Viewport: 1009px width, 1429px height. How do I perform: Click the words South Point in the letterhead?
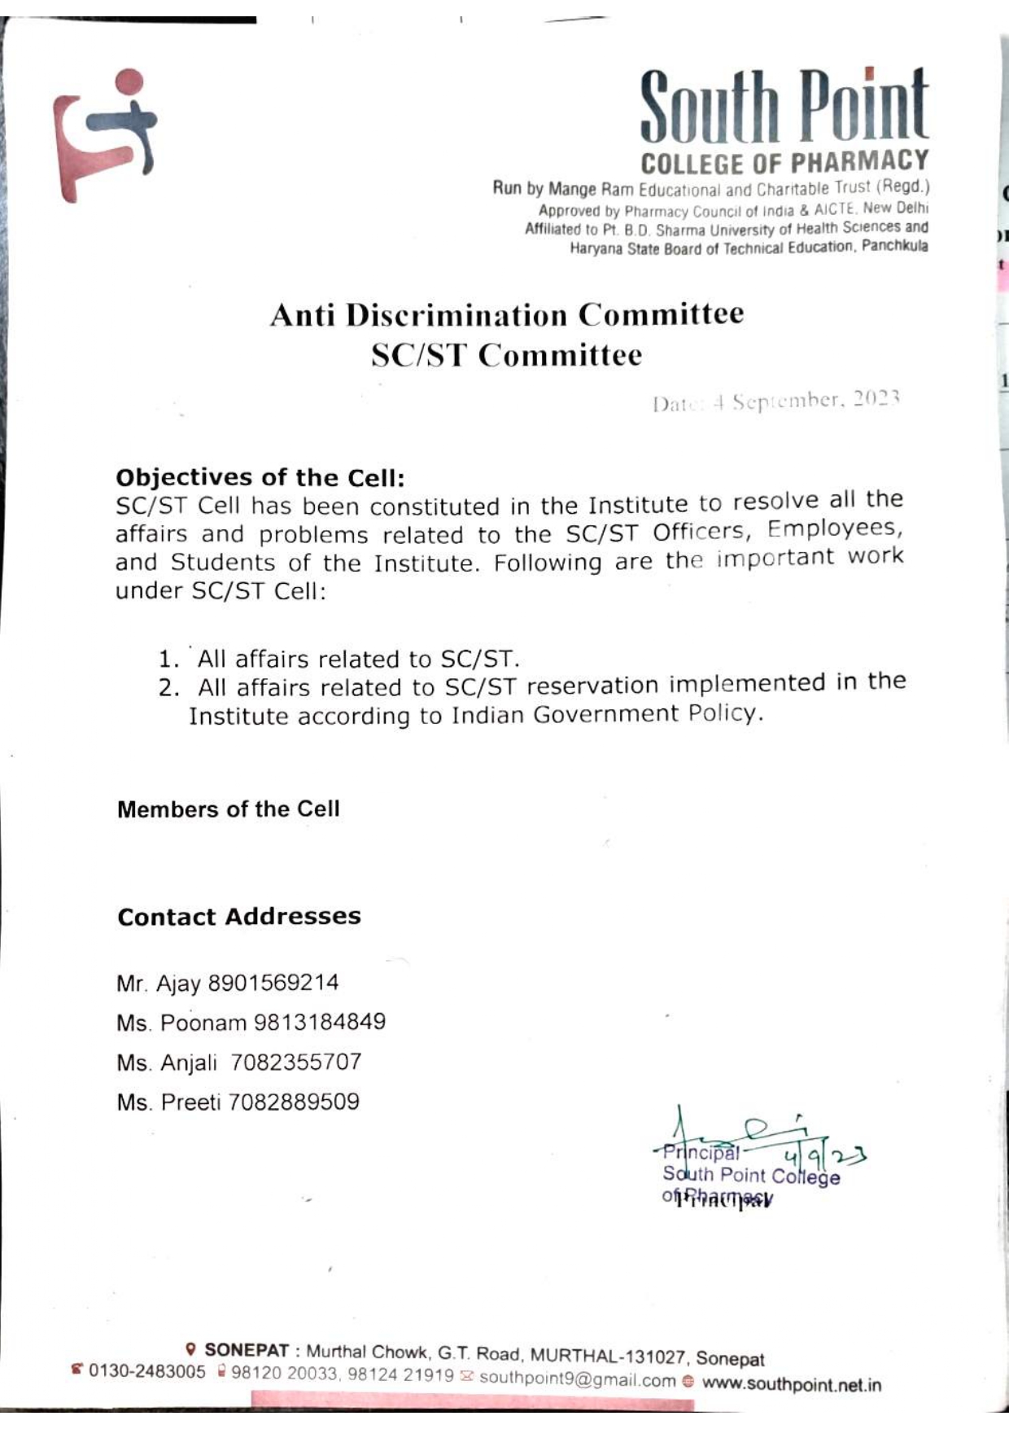[x=784, y=108]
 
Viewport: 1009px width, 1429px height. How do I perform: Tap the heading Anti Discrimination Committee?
[x=506, y=315]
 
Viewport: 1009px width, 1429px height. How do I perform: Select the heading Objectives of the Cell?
[x=260, y=477]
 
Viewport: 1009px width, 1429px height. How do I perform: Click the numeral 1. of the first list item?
[x=168, y=659]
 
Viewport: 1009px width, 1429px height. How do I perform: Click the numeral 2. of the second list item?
[x=168, y=688]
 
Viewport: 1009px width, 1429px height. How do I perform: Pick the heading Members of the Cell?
[x=228, y=809]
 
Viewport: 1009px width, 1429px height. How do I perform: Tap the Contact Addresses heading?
[x=238, y=917]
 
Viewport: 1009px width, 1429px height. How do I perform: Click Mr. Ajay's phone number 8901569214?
[x=273, y=983]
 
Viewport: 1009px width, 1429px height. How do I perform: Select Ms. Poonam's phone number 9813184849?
[x=319, y=1022]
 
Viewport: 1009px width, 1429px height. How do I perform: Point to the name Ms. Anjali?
[x=167, y=1063]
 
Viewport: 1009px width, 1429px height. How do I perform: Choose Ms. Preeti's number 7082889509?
[x=294, y=1102]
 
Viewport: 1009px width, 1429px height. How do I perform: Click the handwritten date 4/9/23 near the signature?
[x=822, y=1155]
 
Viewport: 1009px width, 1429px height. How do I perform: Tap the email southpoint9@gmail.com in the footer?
[x=577, y=1379]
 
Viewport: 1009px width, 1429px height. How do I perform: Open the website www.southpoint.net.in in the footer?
[x=791, y=1384]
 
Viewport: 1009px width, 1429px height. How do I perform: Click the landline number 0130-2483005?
[x=146, y=1371]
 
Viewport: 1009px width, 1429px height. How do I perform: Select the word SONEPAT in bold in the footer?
[x=247, y=1349]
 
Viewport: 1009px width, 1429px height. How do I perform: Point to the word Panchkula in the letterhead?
[x=894, y=246]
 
